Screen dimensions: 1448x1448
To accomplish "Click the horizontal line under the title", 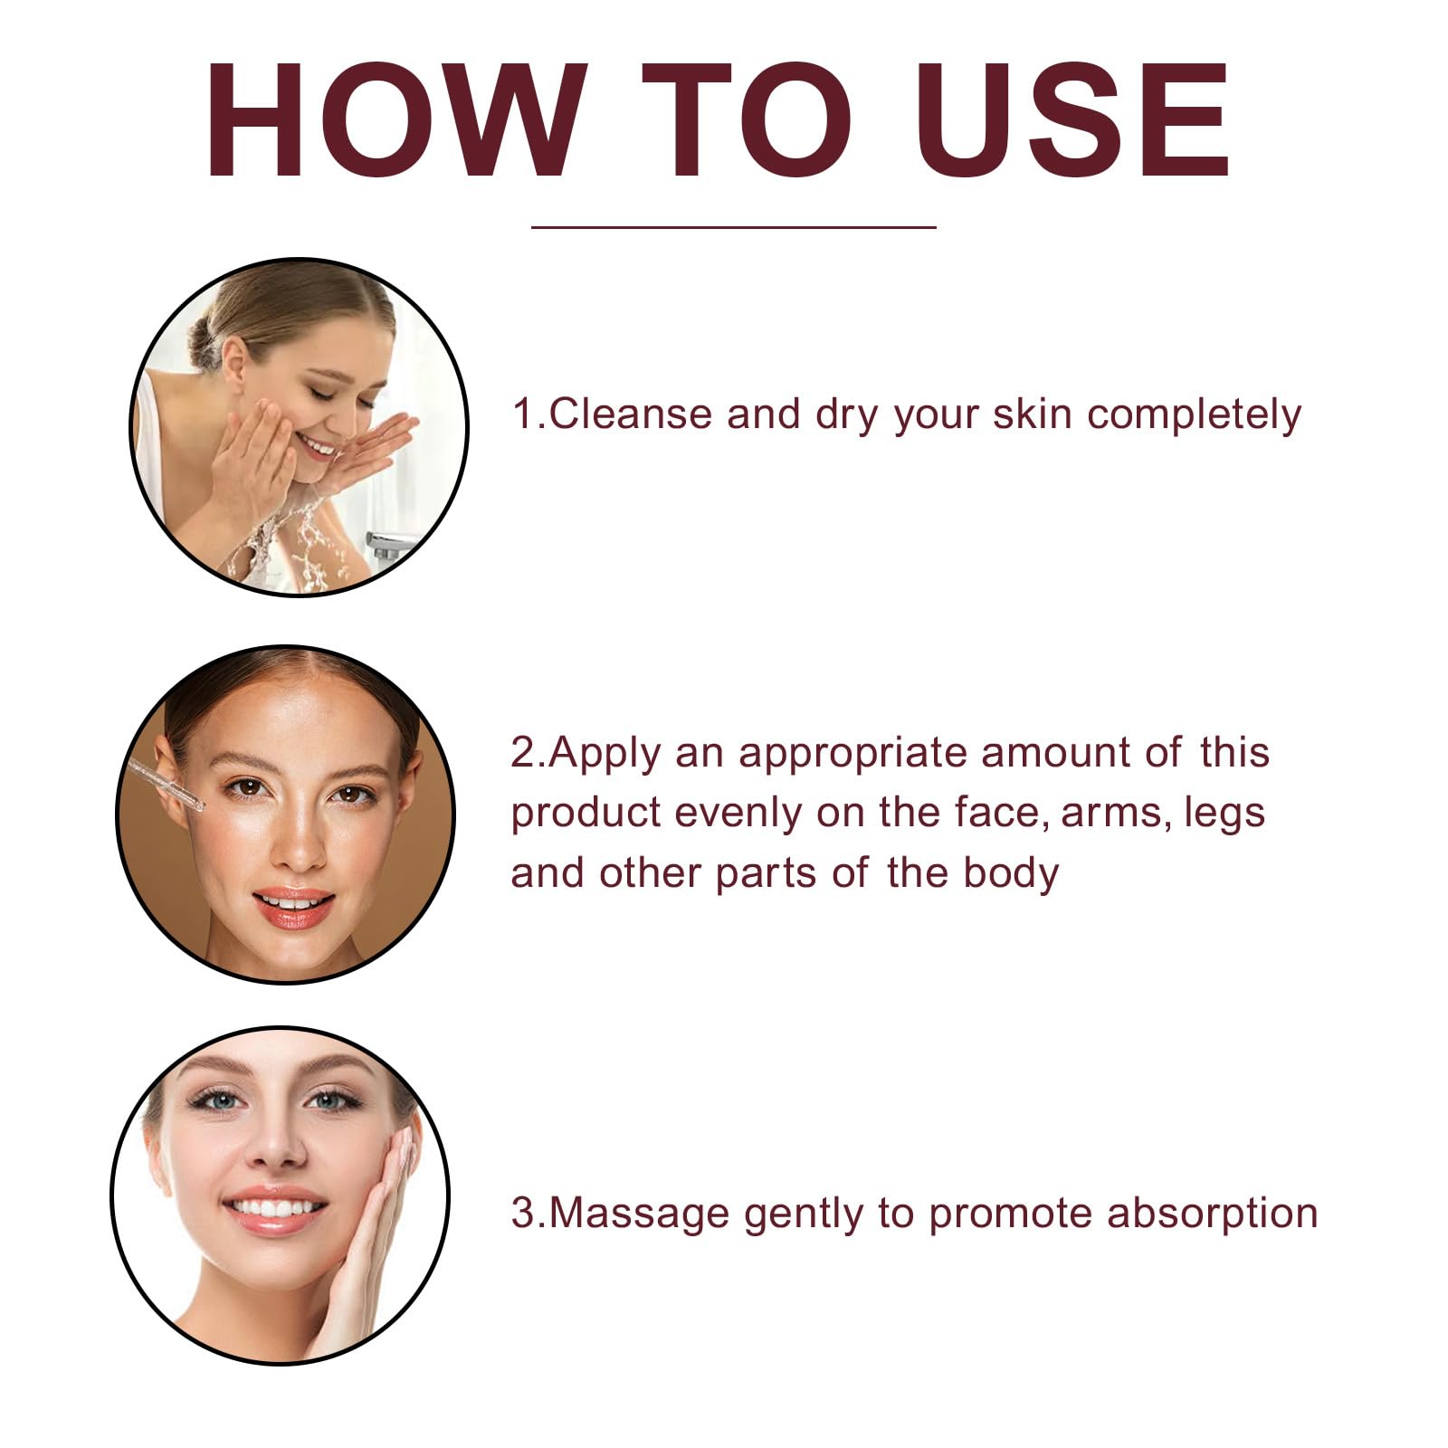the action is [x=733, y=227].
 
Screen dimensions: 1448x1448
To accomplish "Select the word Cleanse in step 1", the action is [x=631, y=414].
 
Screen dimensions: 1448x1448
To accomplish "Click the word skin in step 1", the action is [x=1032, y=414].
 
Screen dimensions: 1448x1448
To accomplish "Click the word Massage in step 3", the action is [x=639, y=1215].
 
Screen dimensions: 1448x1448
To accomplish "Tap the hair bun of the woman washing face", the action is [x=206, y=339].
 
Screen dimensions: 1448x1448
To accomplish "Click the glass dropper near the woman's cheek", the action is [x=167, y=784].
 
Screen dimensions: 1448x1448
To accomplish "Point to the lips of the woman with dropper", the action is [x=293, y=907].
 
